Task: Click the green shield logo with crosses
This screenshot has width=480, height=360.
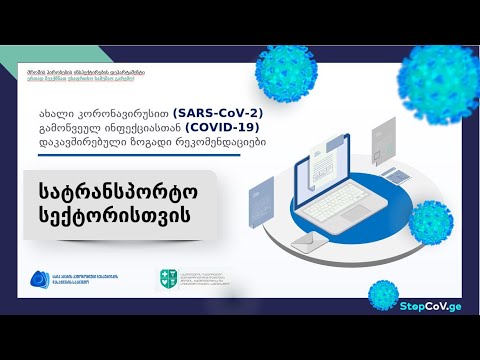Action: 168,281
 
